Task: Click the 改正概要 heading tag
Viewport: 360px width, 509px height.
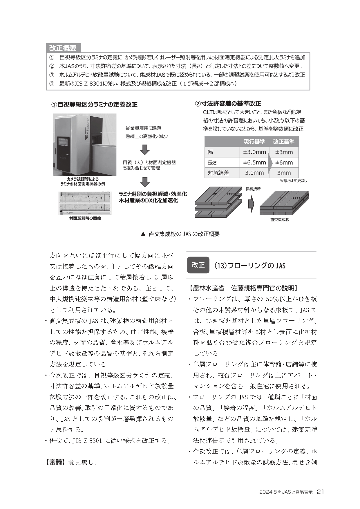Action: pos(63,48)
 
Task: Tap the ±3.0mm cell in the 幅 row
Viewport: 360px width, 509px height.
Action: pos(254,152)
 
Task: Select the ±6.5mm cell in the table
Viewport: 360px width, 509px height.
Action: pos(254,163)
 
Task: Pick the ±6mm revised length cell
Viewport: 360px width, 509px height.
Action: pos(284,163)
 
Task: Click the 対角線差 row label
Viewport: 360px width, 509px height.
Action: pos(218,173)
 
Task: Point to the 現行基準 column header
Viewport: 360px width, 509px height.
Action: pos(254,142)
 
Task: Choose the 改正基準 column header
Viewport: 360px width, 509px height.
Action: pos(284,142)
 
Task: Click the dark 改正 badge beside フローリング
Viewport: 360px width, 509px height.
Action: pos(198,265)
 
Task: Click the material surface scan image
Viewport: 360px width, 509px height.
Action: pos(85,203)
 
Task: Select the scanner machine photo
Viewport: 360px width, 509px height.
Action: pos(84,145)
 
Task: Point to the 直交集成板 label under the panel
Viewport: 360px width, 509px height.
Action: pos(280,220)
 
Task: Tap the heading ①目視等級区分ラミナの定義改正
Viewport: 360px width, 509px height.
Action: pos(94,104)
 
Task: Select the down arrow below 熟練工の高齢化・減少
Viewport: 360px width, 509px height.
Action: pos(144,149)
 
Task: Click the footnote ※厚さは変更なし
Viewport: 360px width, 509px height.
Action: pos(293,181)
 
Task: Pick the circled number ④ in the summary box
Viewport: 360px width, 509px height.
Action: pos(52,84)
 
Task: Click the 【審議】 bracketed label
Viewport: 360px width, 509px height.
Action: pos(55,462)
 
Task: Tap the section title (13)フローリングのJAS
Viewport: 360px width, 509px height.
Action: pos(249,266)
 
